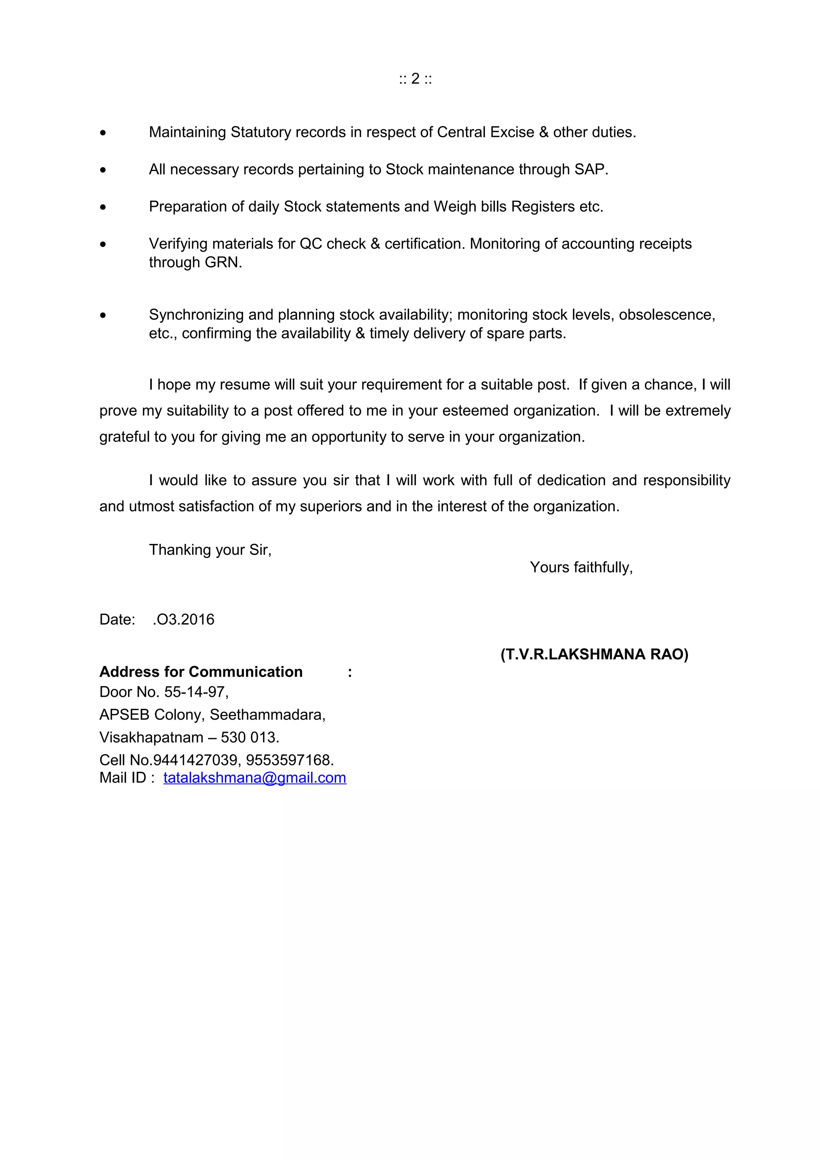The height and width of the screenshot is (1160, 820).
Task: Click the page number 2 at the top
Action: tap(415, 79)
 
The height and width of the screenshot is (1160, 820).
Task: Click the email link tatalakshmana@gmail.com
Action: tap(255, 778)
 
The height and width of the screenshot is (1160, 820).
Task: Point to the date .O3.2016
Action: tap(183, 619)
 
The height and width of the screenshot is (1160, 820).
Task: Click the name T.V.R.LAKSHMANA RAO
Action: tap(594, 654)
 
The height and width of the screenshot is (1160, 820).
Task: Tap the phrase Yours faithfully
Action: tap(581, 567)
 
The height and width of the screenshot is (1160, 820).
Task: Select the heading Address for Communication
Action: tap(201, 672)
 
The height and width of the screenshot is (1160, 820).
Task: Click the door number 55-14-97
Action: tap(195, 692)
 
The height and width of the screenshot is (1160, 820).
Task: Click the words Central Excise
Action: tap(485, 132)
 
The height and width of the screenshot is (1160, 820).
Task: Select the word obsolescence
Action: tap(666, 315)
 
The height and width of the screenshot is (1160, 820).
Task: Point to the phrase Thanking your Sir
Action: tap(210, 550)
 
